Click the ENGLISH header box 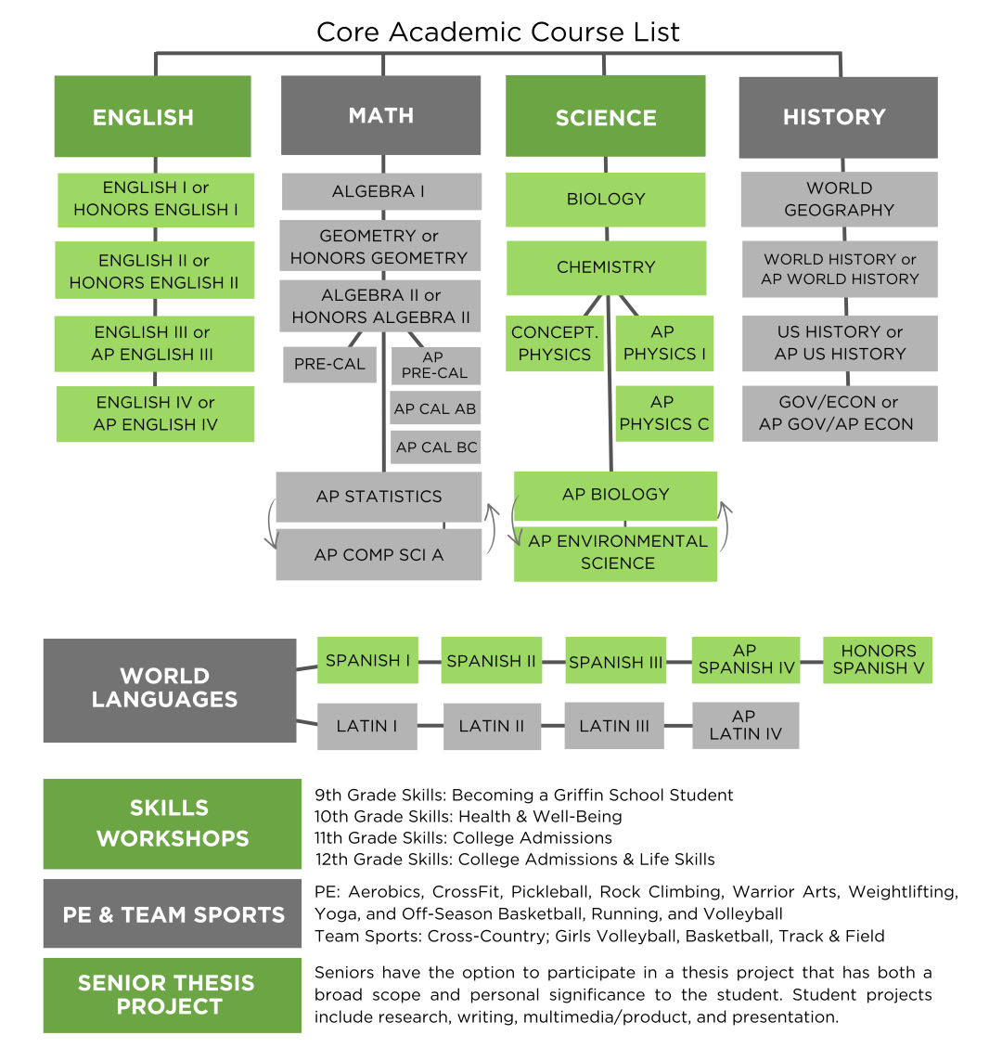pyautogui.click(x=153, y=116)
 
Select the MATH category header pyautogui.click(x=380, y=115)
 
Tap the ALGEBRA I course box pyautogui.click(x=381, y=191)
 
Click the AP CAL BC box pyautogui.click(x=435, y=447)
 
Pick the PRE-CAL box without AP pyautogui.click(x=329, y=364)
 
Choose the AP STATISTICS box pyautogui.click(x=379, y=497)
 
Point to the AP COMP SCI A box pyautogui.click(x=379, y=555)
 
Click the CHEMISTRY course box pyautogui.click(x=607, y=267)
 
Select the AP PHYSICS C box pyautogui.click(x=664, y=413)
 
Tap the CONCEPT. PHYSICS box pyautogui.click(x=555, y=343)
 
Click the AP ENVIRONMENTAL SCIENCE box pyautogui.click(x=615, y=552)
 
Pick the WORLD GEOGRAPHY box pyautogui.click(x=839, y=199)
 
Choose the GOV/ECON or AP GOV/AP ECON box pyautogui.click(x=840, y=413)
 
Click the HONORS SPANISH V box pyautogui.click(x=878, y=660)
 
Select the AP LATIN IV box pyautogui.click(x=746, y=725)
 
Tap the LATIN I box pyautogui.click(x=367, y=726)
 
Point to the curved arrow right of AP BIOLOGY pyautogui.click(x=726, y=525)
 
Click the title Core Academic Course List pyautogui.click(x=498, y=32)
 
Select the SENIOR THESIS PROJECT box pyautogui.click(x=173, y=995)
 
